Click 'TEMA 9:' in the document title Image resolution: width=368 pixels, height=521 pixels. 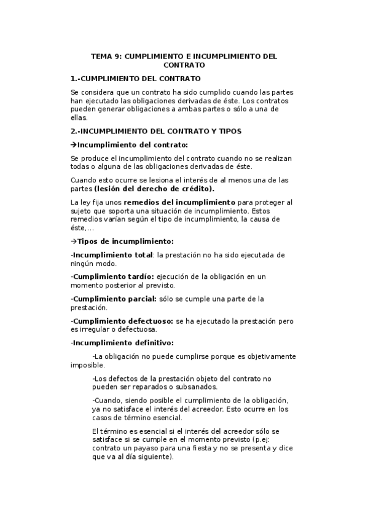point(106,56)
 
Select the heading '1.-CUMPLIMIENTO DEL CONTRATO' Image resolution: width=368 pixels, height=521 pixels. point(135,79)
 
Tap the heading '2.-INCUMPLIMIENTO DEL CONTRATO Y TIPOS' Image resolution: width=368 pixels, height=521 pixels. point(156,131)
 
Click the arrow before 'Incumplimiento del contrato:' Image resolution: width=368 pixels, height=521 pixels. point(73,144)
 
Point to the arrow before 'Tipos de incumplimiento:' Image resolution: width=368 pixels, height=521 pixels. point(73,241)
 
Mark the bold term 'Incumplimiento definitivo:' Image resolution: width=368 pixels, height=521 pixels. point(123,342)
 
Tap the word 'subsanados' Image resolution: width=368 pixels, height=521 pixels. point(197,387)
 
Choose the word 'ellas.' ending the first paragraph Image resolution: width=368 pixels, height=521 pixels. point(80,117)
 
